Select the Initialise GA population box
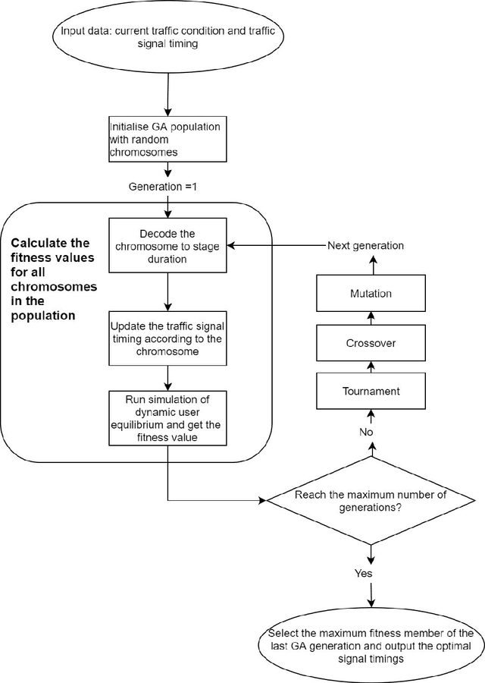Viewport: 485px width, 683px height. pyautogui.click(x=167, y=139)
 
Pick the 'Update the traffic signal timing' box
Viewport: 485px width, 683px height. pyautogui.click(x=167, y=338)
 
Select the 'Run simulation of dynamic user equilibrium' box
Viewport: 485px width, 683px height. pyautogui.click(x=167, y=416)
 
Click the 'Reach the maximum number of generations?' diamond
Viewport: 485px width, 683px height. pyautogui.click(x=370, y=502)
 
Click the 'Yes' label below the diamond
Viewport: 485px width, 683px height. pyautogui.click(x=364, y=573)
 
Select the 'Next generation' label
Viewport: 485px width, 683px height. pyautogui.click(x=365, y=246)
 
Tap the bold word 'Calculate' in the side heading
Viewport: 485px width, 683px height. pyautogui.click(x=39, y=243)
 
